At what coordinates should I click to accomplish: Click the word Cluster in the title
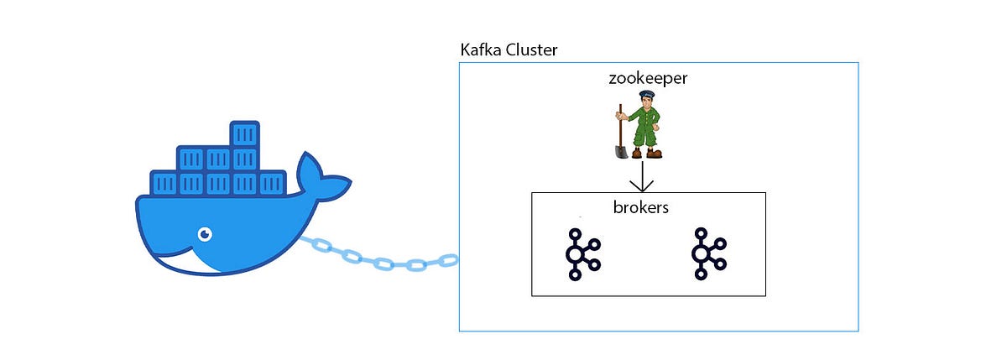point(531,50)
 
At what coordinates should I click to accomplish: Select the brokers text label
point(640,207)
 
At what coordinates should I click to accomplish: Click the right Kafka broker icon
point(709,253)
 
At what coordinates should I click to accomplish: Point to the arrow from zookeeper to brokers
point(643,176)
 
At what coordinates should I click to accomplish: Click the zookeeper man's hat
point(645,95)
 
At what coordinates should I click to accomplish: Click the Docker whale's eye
point(204,233)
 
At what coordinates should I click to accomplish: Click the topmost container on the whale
point(245,134)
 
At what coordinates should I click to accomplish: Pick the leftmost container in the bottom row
point(164,183)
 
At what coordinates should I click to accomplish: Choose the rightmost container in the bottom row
point(273,183)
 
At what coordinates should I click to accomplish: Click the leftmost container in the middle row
point(190,159)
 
